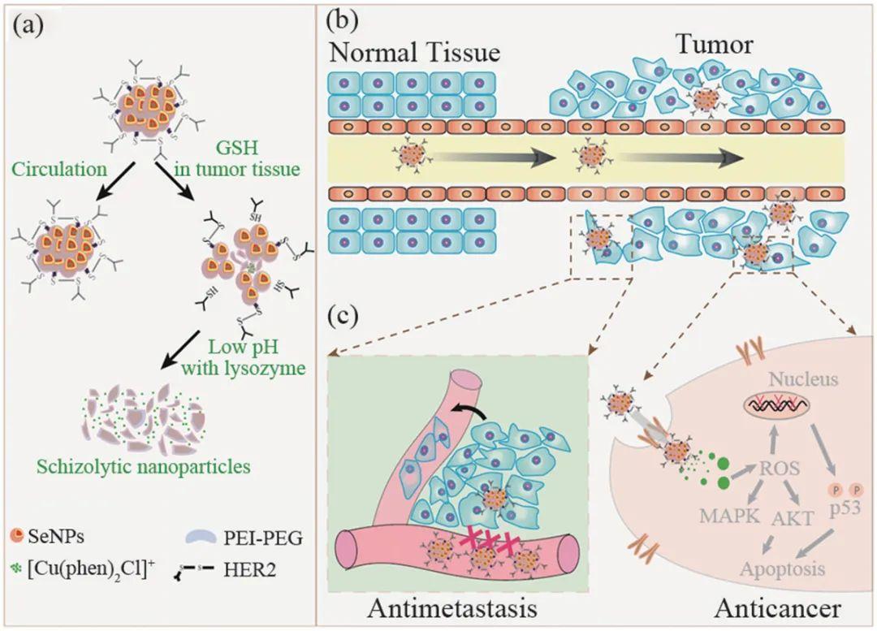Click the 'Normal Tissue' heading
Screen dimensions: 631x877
(x=413, y=54)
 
